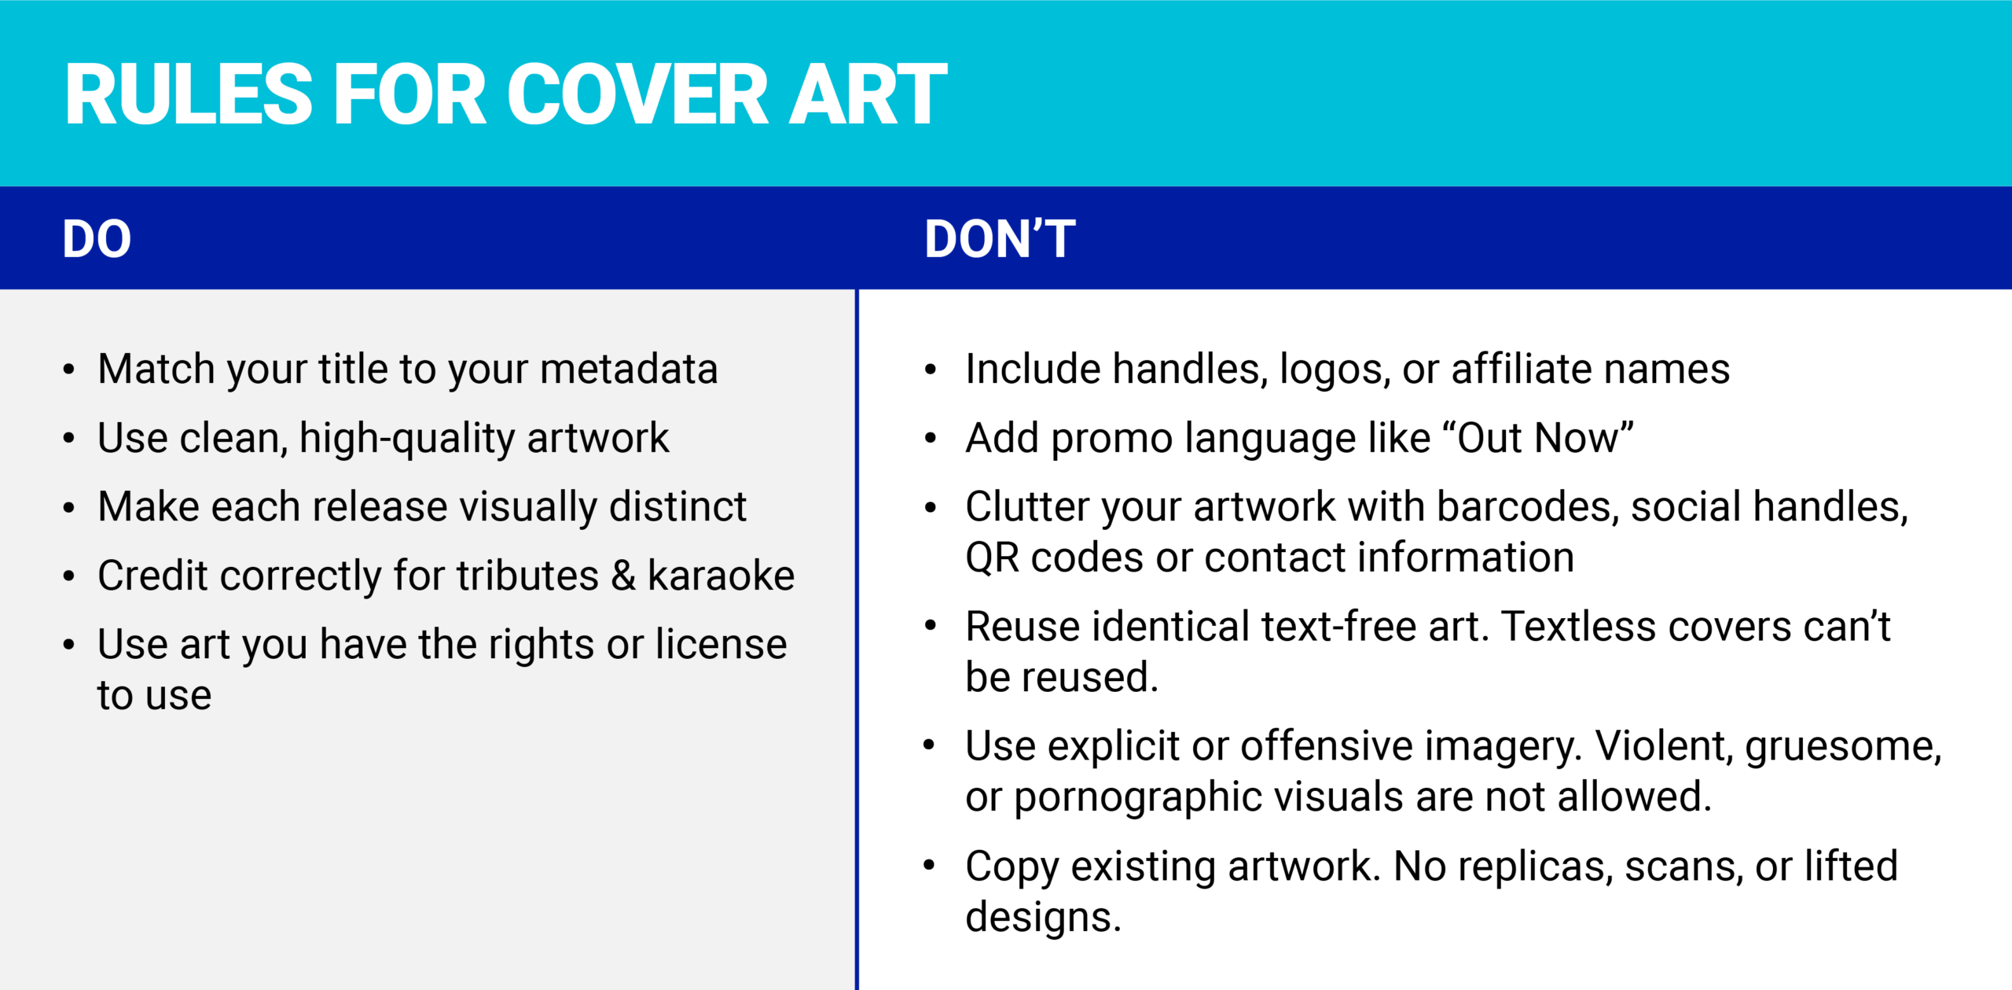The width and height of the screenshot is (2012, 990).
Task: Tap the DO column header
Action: (x=97, y=239)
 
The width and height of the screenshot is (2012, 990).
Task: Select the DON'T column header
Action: (x=1000, y=239)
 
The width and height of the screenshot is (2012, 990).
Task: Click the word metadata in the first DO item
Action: (x=629, y=369)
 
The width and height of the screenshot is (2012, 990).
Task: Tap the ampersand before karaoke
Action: (x=623, y=576)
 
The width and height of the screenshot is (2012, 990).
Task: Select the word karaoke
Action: (x=721, y=576)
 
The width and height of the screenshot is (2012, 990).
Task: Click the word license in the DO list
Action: (x=721, y=644)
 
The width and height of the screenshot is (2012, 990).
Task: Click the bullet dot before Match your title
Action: (x=69, y=369)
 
